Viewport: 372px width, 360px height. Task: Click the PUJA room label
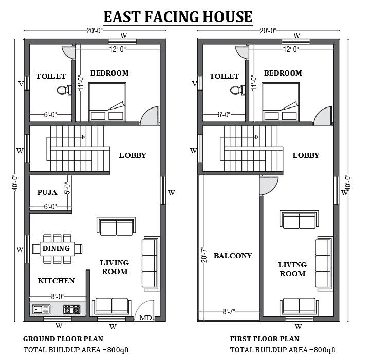[x=47, y=192]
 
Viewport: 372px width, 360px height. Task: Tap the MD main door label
[x=145, y=318]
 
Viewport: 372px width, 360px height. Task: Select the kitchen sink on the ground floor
[x=41, y=310]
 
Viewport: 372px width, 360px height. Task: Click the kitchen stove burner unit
[x=71, y=310]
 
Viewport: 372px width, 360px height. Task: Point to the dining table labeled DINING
[x=57, y=248]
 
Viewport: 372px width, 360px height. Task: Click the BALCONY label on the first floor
[x=232, y=256]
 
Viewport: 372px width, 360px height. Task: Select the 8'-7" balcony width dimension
[x=229, y=311]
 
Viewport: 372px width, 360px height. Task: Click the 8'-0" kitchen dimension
[x=58, y=297]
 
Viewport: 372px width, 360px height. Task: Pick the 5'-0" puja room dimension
[x=67, y=188]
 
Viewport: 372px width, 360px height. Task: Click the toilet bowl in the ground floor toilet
[x=64, y=90]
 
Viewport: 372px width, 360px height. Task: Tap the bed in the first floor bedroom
[x=281, y=102]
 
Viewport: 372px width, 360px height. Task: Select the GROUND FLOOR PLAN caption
[x=63, y=339]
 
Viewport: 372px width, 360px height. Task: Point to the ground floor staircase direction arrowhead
[x=83, y=137]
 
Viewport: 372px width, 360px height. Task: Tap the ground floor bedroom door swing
[x=149, y=116]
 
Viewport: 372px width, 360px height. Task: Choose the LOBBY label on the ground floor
[x=133, y=155]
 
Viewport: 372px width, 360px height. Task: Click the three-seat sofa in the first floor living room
[x=323, y=263]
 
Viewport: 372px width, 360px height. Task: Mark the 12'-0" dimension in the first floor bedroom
[x=291, y=49]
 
